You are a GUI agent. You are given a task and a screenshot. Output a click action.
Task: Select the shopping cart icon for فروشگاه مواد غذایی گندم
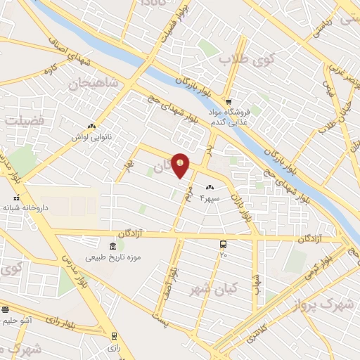tap(229, 101)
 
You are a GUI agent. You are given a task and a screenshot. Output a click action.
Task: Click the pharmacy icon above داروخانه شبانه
tap(17, 198)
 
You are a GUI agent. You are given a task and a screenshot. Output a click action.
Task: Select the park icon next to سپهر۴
tap(210, 187)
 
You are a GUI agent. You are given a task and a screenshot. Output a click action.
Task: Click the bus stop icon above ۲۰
tap(223, 244)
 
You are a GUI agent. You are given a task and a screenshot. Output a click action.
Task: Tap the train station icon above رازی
tap(113, 336)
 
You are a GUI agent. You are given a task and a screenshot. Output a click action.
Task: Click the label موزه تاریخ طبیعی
tap(113, 257)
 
